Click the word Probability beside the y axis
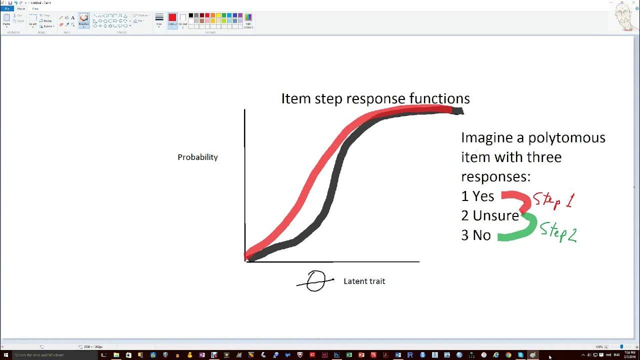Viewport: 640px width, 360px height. point(197,157)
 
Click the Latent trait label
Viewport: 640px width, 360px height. point(364,281)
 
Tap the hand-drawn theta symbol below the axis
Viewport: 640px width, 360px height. point(315,281)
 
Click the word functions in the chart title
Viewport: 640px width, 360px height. point(438,98)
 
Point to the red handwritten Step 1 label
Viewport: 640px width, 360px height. point(553,200)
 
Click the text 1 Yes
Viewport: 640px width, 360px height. point(477,196)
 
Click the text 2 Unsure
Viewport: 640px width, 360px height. point(489,216)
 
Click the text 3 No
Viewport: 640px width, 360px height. point(475,235)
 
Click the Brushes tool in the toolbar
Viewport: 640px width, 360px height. point(83,19)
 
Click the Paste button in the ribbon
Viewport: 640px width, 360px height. point(6,19)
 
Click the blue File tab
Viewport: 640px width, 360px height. point(7,8)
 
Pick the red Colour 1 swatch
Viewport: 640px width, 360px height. point(172,18)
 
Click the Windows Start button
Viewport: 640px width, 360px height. point(5,355)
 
